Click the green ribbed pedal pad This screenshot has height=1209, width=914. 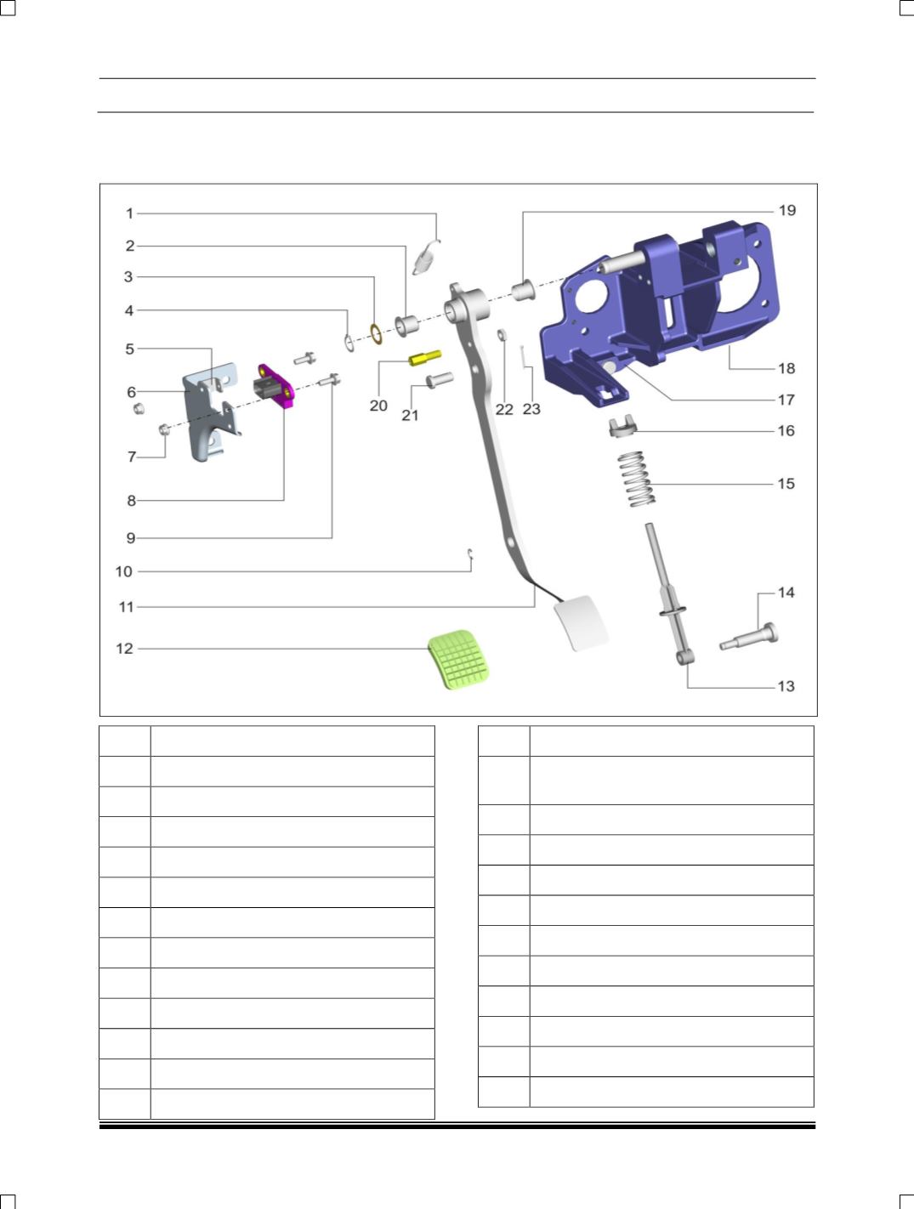pyautogui.click(x=458, y=659)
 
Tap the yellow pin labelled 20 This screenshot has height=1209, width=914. pyautogui.click(x=424, y=357)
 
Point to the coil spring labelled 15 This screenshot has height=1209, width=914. pyautogui.click(x=637, y=478)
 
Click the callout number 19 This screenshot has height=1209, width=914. pyautogui.click(x=787, y=210)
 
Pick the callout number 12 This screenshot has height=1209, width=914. pyautogui.click(x=124, y=649)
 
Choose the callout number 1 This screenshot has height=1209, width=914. pyautogui.click(x=129, y=213)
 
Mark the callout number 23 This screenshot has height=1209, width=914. pyautogui.click(x=531, y=409)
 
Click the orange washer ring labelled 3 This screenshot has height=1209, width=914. pyautogui.click(x=377, y=334)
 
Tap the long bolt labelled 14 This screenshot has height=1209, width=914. pyautogui.click(x=749, y=636)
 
